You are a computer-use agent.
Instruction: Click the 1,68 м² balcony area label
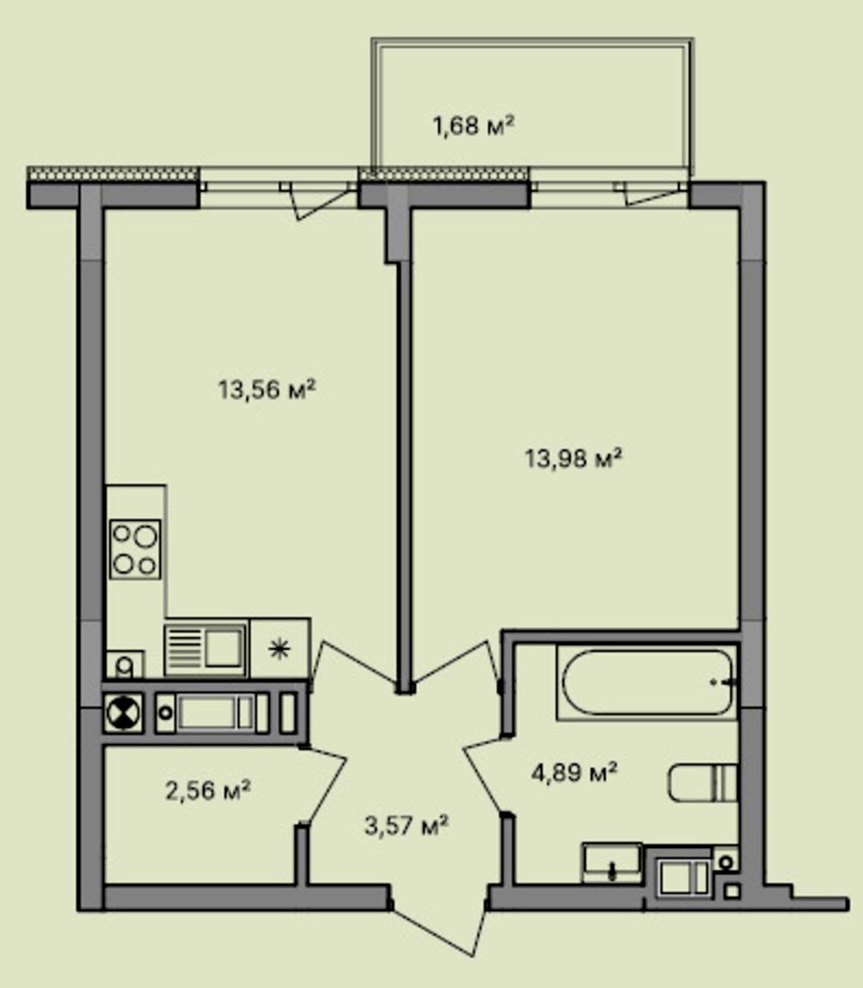coord(474,126)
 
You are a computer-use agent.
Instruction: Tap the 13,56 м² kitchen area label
coord(267,389)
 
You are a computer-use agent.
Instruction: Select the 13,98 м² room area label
coord(573,458)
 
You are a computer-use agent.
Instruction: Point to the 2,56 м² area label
coord(208,789)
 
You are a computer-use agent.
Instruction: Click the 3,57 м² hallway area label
coord(406,824)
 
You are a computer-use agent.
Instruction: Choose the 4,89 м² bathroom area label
coord(574,771)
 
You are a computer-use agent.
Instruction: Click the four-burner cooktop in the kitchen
coord(135,548)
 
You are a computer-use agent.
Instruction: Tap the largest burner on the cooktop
coord(145,536)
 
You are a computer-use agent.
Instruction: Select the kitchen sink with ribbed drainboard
coord(205,649)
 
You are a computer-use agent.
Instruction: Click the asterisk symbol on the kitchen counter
coord(279,649)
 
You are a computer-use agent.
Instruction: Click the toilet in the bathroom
coord(702,782)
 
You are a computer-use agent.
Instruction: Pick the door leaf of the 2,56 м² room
coord(324,787)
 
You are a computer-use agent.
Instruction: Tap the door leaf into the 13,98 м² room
coord(453,663)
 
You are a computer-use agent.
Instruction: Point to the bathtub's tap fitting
coord(724,681)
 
